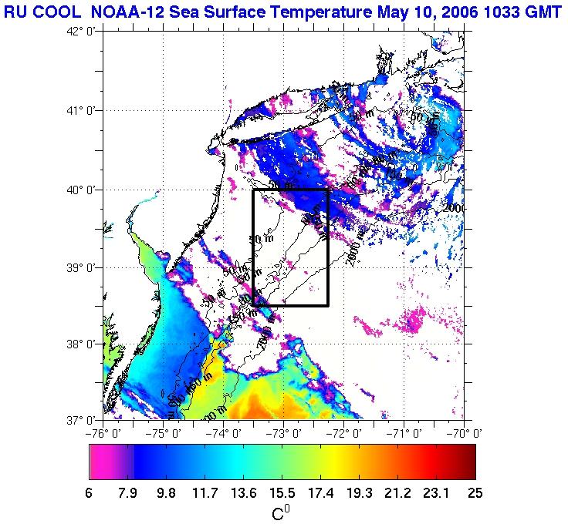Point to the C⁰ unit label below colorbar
point(281,512)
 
